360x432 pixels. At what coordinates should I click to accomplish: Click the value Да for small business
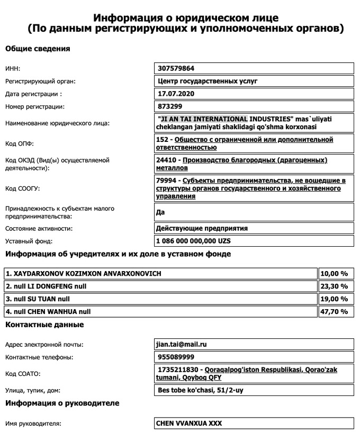tap(160, 213)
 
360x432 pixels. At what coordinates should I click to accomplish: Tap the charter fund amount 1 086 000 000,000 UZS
tap(193, 241)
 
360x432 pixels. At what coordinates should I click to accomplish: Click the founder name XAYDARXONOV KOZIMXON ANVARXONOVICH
tap(84, 274)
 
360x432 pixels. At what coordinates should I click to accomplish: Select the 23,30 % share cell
tap(336, 286)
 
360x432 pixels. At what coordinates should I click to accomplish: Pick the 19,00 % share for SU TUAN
tap(336, 299)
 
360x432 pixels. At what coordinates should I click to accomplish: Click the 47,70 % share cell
tap(336, 312)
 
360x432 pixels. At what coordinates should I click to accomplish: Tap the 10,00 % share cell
tap(336, 274)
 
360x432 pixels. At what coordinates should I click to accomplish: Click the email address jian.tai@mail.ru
tap(181, 344)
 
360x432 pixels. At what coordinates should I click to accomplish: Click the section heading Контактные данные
tap(44, 324)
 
